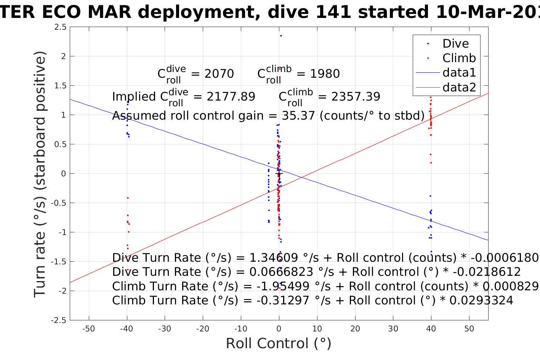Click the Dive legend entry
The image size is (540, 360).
455,44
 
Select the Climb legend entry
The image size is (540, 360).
459,58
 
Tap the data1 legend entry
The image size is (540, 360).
459,73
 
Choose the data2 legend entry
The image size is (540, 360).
459,88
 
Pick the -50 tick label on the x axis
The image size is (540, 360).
89,329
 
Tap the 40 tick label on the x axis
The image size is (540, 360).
431,329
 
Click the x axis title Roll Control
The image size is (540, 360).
279,344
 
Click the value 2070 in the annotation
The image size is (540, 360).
219,74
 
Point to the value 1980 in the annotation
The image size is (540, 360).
325,74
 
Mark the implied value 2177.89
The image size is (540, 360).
231,97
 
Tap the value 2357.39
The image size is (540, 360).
356,97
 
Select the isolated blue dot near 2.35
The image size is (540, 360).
281,36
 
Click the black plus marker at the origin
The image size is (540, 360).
279,174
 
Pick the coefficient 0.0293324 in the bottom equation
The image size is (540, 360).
481,301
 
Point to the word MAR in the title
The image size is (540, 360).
111,12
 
